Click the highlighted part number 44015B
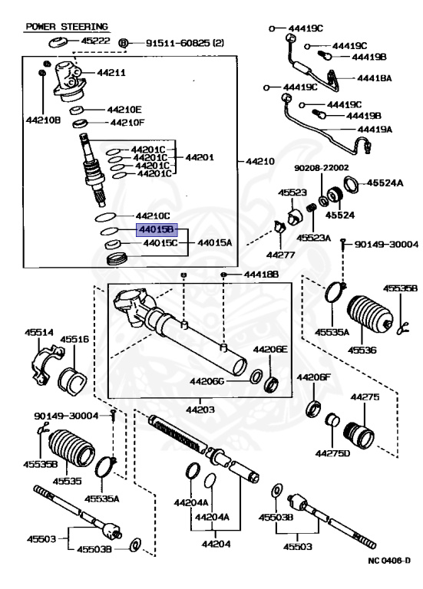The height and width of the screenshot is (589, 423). pos(157,229)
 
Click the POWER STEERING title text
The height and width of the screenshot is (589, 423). pos(67,26)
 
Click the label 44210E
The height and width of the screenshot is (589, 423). pos(124,109)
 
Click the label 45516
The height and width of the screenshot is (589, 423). pos(75,338)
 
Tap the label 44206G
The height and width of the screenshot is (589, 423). pos(207,381)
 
